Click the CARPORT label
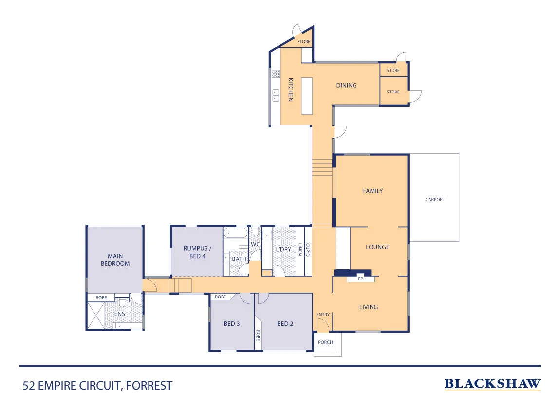tap(435, 199)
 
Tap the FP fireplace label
tap(360, 279)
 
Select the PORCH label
tap(325, 342)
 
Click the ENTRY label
tap(323, 315)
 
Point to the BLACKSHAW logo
tap(492, 384)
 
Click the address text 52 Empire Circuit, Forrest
tap(97, 386)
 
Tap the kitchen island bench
tap(307, 96)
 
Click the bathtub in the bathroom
tap(235, 233)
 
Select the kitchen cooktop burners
tap(275, 74)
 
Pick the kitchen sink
tap(275, 95)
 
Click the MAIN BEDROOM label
tap(115, 260)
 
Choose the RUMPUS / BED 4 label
tap(198, 252)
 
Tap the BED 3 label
tap(232, 324)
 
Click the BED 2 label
tap(285, 324)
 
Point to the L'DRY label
tap(283, 249)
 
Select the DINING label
tap(346, 85)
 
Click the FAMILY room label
tap(373, 191)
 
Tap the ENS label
tap(120, 314)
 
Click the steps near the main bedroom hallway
tap(181, 285)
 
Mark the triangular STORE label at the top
tap(303, 42)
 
